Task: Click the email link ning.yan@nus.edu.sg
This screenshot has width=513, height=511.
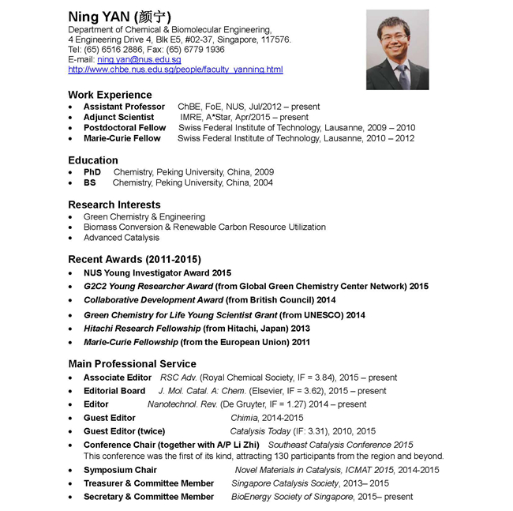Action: tap(139, 60)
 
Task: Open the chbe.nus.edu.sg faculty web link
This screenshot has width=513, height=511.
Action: tap(175, 70)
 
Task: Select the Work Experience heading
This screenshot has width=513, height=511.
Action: tap(110, 95)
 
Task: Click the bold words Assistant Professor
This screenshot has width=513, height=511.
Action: tap(124, 107)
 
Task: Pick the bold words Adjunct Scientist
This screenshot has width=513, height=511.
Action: tap(118, 117)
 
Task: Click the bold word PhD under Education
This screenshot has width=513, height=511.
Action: tap(92, 172)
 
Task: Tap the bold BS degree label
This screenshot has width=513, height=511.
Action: tap(90, 182)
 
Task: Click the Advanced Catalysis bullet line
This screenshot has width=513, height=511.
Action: tap(122, 237)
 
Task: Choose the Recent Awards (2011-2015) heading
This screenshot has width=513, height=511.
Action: tap(135, 259)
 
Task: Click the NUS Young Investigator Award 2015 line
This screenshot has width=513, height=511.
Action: tap(157, 272)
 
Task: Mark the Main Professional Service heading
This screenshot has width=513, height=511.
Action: tap(132, 364)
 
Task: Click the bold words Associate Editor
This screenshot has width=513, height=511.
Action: tap(118, 378)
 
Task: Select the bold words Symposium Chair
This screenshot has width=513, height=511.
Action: tap(120, 470)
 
